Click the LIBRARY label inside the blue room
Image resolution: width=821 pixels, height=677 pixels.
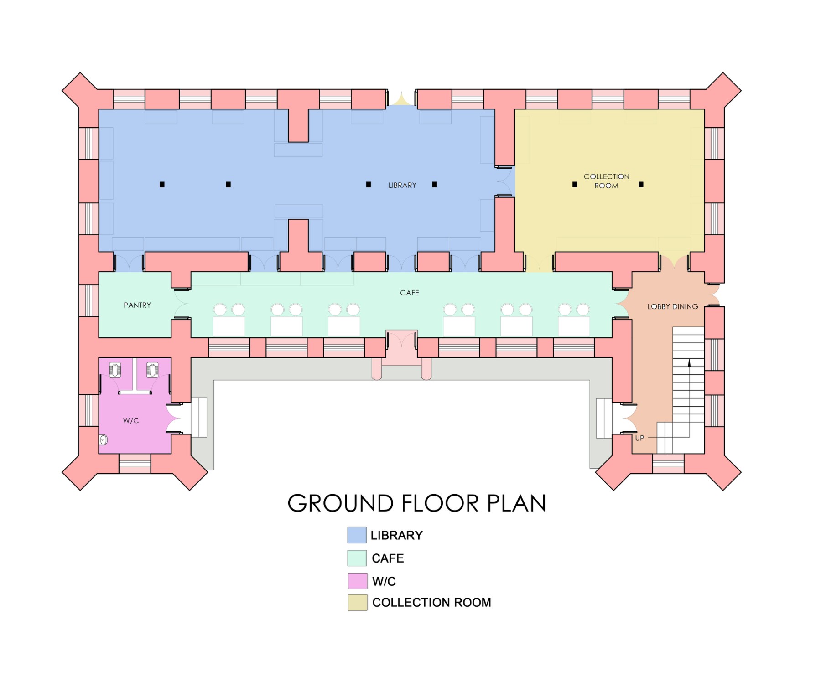[402, 186]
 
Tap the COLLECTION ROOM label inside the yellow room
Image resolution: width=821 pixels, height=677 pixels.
[606, 181]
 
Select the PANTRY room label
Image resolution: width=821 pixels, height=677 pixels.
[137, 305]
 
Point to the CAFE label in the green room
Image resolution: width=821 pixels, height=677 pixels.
[410, 293]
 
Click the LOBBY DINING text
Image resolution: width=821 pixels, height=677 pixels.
[673, 307]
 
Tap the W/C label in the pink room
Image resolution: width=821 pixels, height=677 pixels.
[131, 420]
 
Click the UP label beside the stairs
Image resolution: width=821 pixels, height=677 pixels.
[639, 438]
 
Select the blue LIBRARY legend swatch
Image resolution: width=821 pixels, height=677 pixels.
[357, 535]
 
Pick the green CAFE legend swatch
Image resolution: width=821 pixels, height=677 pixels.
[357, 558]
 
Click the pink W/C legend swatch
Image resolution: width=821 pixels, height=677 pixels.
[358, 581]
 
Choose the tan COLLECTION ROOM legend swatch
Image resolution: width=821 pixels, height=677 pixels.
[358, 602]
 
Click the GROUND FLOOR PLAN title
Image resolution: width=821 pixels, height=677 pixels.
[417, 503]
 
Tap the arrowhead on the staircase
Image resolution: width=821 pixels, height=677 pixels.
[689, 363]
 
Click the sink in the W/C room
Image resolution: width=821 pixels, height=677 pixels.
[104, 440]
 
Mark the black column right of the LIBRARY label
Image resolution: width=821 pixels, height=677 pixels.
[435, 185]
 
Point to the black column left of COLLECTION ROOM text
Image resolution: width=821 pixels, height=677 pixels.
[575, 185]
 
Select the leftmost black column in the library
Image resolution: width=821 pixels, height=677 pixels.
[162, 185]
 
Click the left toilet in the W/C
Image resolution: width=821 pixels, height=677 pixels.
[115, 370]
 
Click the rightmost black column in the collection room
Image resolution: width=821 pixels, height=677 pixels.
[641, 185]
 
